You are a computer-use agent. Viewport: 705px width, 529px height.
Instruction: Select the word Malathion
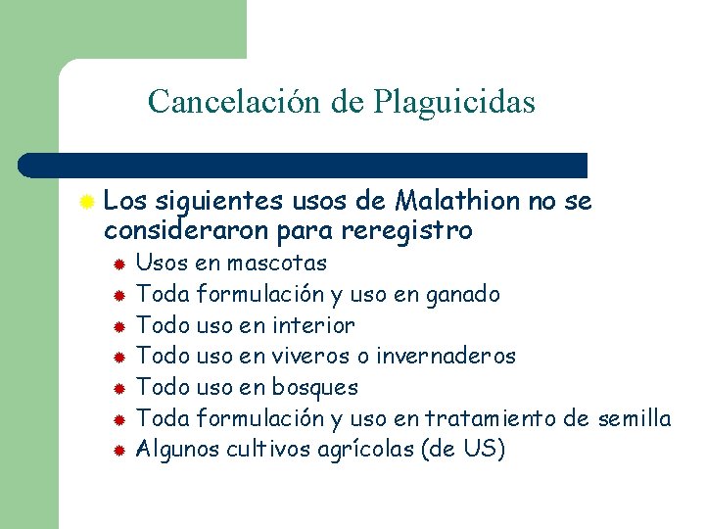[458, 202]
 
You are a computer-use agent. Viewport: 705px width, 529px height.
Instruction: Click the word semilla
[632, 419]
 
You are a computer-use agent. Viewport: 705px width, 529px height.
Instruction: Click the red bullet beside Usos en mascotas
[117, 264]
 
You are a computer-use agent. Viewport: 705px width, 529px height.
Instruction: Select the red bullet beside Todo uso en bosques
[117, 389]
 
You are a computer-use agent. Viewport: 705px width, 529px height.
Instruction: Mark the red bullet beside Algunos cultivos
[117, 452]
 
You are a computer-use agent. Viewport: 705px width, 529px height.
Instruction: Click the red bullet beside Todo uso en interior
[117, 326]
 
